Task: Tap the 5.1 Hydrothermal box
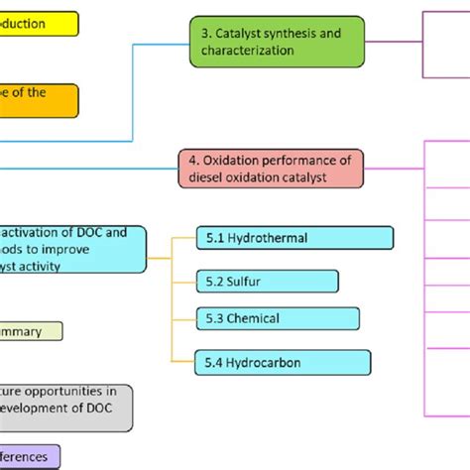coord(294,238)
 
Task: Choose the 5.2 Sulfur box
coord(266,281)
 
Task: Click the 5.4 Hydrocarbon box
coord(283,362)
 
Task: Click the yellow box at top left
coord(38,23)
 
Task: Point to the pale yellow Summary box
coord(30,332)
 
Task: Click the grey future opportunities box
coord(64,407)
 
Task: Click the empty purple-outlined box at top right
coord(446,44)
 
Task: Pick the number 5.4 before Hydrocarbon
coord(215,362)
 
